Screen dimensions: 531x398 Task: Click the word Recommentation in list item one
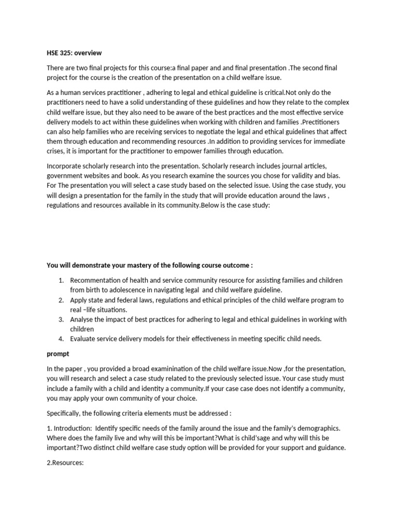[97, 280]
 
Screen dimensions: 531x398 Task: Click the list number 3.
[61, 319]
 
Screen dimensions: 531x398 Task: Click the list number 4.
[61, 339]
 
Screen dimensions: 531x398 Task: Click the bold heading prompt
[58, 354]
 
